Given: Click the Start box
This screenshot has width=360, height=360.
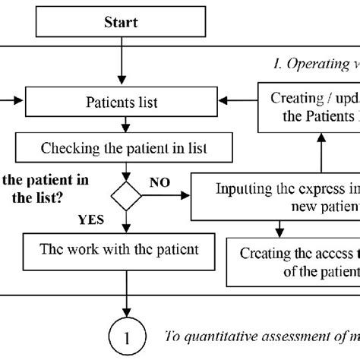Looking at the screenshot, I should [122, 23].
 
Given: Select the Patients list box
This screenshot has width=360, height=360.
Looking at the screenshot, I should [122, 100].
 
